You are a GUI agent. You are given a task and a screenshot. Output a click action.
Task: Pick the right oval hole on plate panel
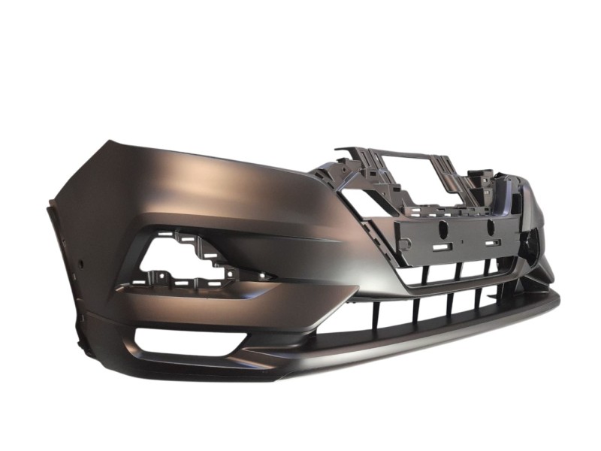489,225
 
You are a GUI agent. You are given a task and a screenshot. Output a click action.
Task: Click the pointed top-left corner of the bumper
107,141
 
